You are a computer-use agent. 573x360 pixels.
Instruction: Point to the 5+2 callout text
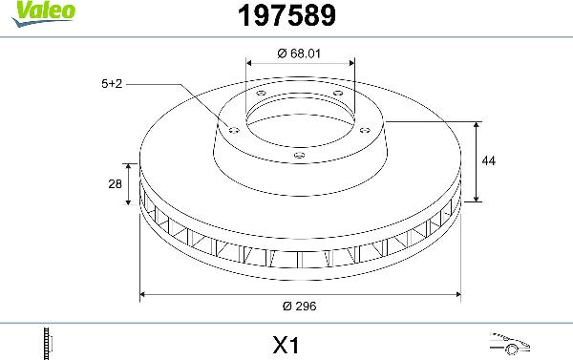(x=112, y=84)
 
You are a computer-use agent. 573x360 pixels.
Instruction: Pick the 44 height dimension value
(x=488, y=161)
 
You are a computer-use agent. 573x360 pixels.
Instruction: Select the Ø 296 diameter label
(x=300, y=307)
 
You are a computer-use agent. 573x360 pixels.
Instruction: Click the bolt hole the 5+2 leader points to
(x=232, y=127)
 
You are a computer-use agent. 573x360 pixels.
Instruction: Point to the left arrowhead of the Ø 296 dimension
(x=144, y=295)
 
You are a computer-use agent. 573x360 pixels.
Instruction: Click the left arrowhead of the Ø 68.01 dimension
(x=250, y=64)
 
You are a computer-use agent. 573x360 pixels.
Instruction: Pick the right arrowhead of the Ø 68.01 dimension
(x=350, y=64)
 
